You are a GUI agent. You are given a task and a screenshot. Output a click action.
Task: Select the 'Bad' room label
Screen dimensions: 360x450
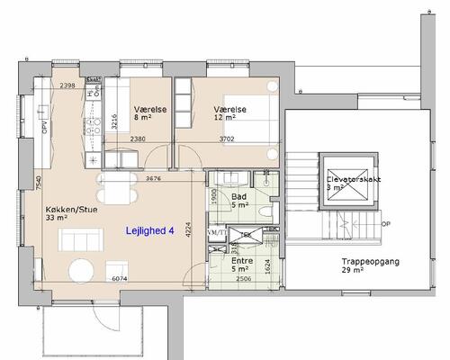pos(239,195)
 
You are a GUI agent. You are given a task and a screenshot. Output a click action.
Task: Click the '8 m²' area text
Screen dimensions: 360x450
pos(143,116)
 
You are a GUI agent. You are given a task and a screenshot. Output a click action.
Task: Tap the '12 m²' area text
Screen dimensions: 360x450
pos(224,116)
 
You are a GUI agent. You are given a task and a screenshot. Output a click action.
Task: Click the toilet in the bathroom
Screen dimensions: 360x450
pos(265,212)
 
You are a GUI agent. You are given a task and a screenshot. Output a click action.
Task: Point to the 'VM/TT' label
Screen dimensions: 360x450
pos(216,233)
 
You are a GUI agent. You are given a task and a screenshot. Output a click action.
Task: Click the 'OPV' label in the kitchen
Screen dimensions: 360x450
pos(43,127)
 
